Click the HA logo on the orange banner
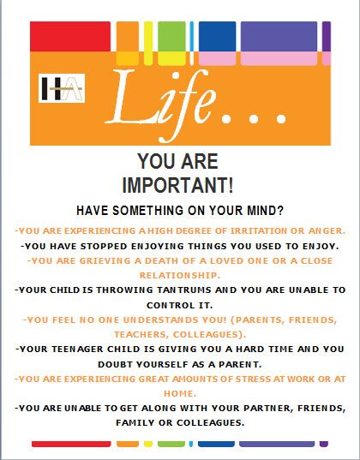click(62, 88)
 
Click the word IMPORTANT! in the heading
click(178, 185)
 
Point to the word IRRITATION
click(258, 231)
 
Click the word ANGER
click(327, 231)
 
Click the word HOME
click(180, 393)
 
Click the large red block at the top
click(70, 36)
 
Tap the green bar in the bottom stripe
click(171, 444)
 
